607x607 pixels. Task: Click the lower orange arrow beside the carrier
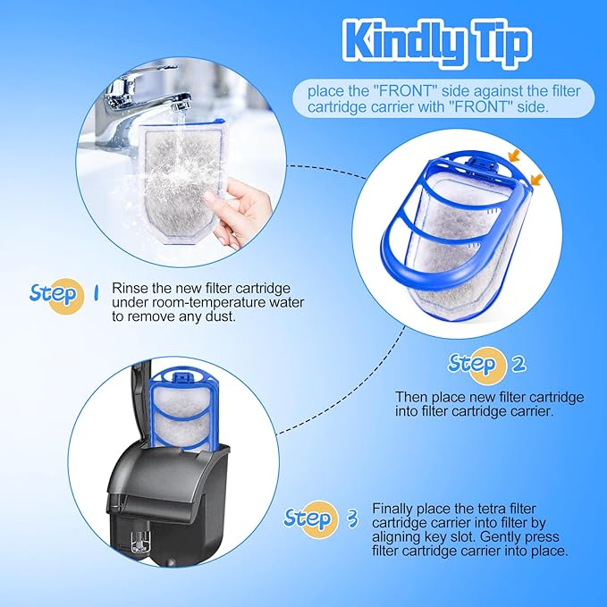[x=536, y=179]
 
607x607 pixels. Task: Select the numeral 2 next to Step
[x=518, y=364]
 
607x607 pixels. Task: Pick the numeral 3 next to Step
[x=352, y=518]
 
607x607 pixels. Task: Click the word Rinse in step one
[x=131, y=289]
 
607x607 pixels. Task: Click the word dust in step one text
[x=220, y=316]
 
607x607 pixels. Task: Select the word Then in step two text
[x=411, y=397]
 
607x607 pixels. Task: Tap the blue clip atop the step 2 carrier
[x=483, y=164]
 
